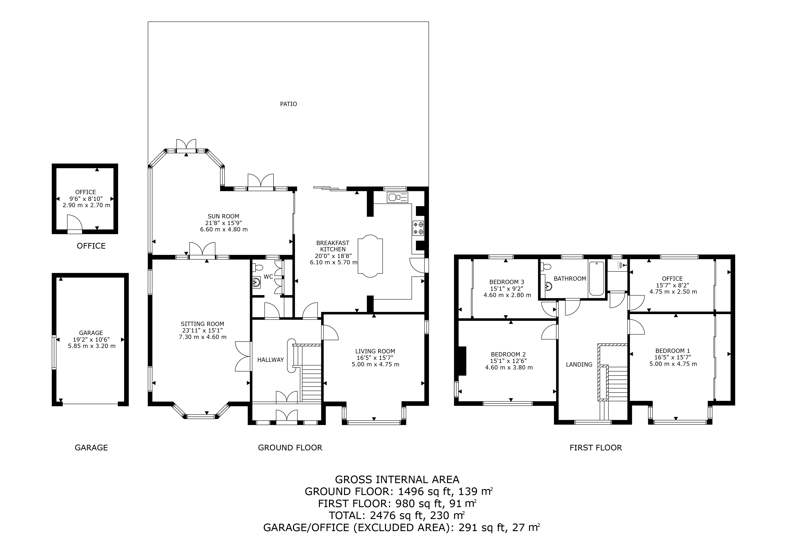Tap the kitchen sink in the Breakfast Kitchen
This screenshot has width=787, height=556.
[398, 197]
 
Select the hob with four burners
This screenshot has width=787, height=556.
[418, 228]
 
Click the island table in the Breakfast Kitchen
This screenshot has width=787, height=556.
[370, 256]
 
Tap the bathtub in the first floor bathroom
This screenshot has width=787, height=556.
[597, 278]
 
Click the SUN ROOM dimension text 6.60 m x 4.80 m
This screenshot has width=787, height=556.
[224, 230]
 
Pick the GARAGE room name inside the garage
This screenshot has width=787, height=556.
[91, 333]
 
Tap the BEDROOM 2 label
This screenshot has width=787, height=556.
[508, 355]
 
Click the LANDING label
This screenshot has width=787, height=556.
[579, 365]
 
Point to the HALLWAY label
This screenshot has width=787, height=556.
[270, 360]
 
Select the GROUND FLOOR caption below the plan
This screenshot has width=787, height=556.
[290, 448]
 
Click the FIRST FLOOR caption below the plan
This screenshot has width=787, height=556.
[596, 448]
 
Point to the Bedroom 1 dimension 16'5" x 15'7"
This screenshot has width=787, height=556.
[673, 357]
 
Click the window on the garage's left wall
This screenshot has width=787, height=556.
[54, 352]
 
